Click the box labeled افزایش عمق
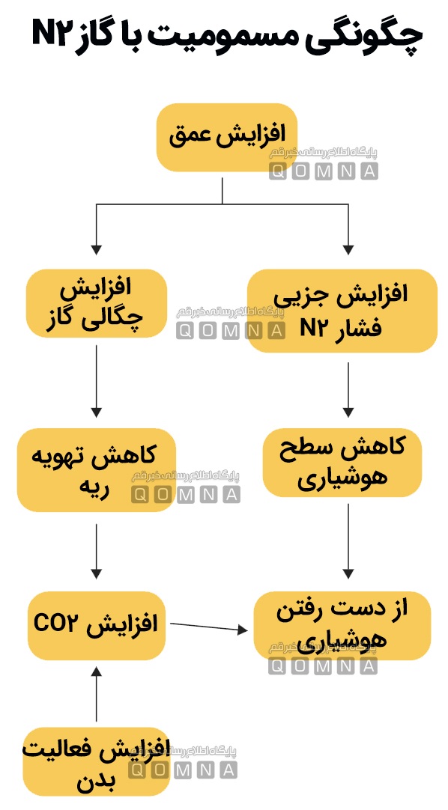point(226,138)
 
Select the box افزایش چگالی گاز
point(96,303)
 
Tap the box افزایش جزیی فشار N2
point(342,311)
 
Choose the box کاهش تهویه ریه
point(96,470)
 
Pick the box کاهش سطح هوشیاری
point(342,463)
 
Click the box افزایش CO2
point(96,626)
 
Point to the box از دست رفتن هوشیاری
point(342,626)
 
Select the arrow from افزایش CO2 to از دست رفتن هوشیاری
point(209,627)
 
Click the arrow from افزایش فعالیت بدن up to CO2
point(96,694)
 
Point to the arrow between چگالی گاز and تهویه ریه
point(96,381)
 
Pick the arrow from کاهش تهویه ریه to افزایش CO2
point(96,551)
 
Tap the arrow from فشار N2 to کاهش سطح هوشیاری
point(348,389)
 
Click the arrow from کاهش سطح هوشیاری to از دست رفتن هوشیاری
point(348,540)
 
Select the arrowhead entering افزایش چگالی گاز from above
point(96,249)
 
